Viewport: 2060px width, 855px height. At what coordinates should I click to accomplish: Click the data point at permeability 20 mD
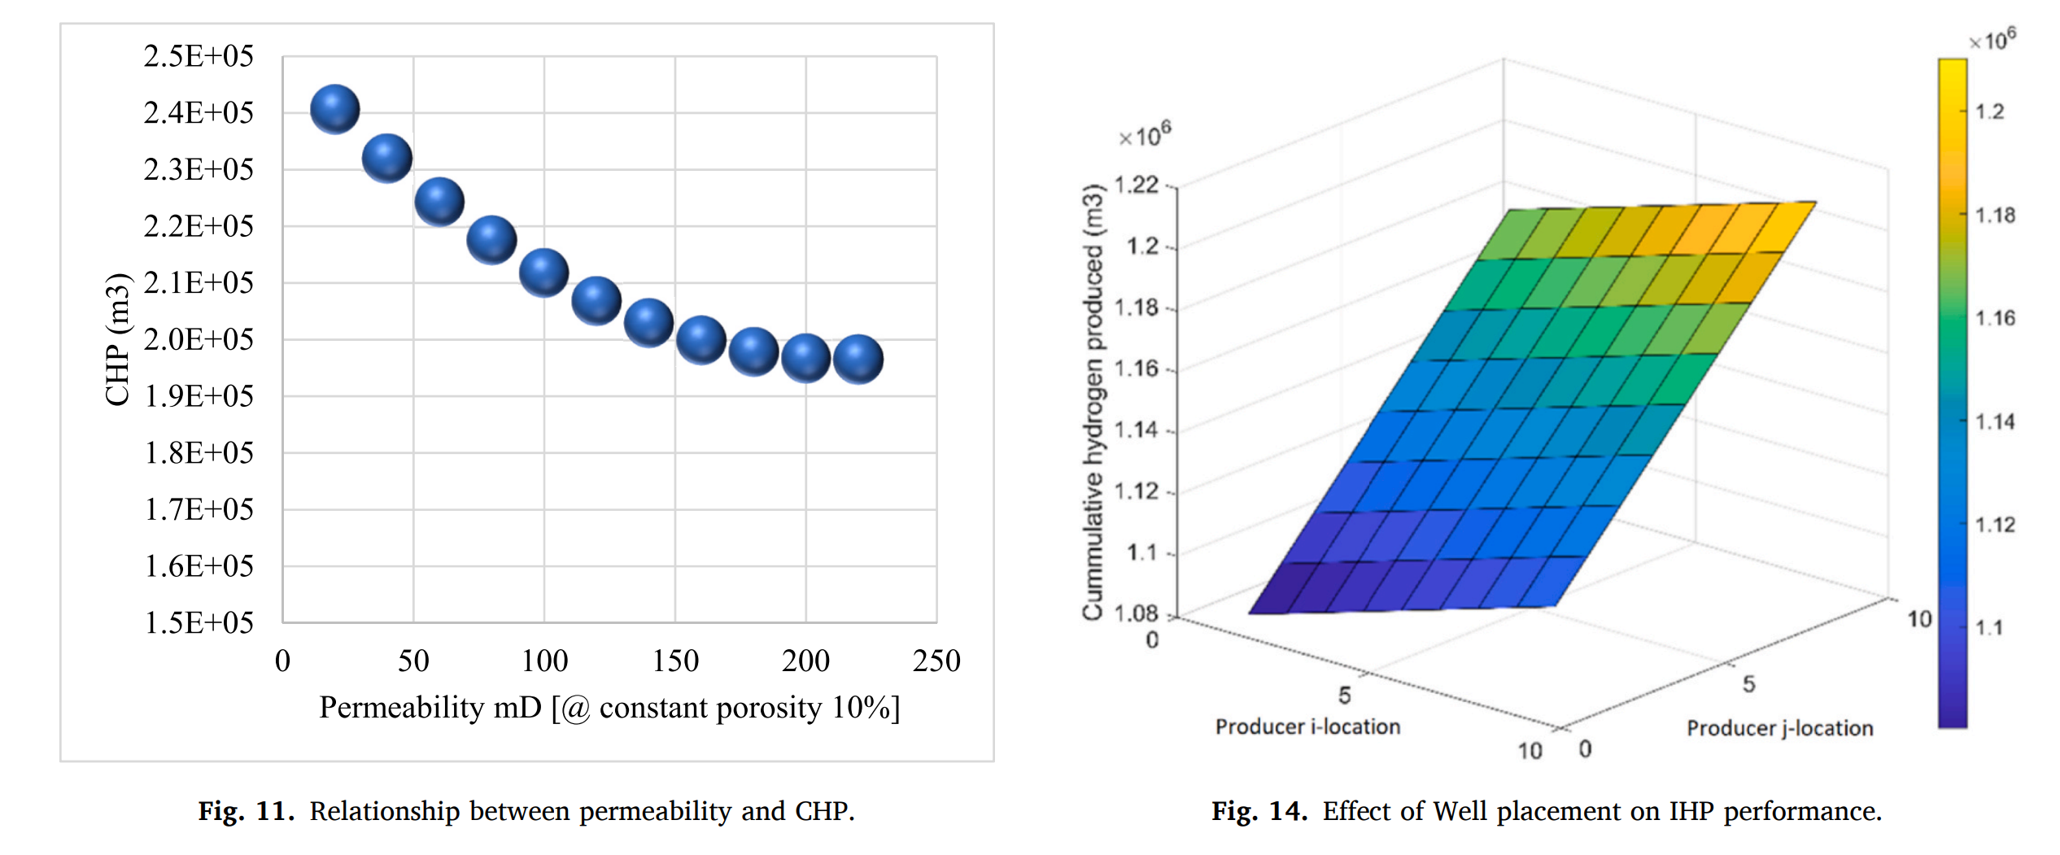[334, 109]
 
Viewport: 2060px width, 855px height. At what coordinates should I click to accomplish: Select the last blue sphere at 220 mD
[858, 359]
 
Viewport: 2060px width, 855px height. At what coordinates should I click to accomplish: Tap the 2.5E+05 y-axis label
[199, 56]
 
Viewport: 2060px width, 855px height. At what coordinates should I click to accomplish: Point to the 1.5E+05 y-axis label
[199, 623]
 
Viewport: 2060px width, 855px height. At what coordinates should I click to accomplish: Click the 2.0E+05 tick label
[199, 339]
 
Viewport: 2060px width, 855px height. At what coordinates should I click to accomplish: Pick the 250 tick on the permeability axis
[936, 661]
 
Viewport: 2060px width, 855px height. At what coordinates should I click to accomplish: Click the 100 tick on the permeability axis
[544, 661]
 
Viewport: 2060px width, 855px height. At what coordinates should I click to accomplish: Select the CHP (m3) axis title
[118, 339]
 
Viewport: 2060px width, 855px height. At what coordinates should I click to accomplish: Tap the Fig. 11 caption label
[247, 811]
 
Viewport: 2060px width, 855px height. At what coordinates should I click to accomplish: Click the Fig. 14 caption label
[1259, 811]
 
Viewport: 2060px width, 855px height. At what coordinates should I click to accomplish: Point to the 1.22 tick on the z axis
[1136, 185]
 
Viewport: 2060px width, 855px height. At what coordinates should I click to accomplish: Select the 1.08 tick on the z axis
[1136, 613]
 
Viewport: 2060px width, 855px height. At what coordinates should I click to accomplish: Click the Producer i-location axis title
[1307, 726]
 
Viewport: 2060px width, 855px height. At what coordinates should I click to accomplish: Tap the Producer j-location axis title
[1779, 728]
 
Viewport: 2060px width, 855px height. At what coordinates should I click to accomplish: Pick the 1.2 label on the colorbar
[1990, 111]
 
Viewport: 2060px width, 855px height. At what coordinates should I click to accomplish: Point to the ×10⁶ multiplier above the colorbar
[1992, 39]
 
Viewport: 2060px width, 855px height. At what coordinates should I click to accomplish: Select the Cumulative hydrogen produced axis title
[1093, 403]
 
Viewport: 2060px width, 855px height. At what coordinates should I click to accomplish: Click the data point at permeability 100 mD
[543, 272]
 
